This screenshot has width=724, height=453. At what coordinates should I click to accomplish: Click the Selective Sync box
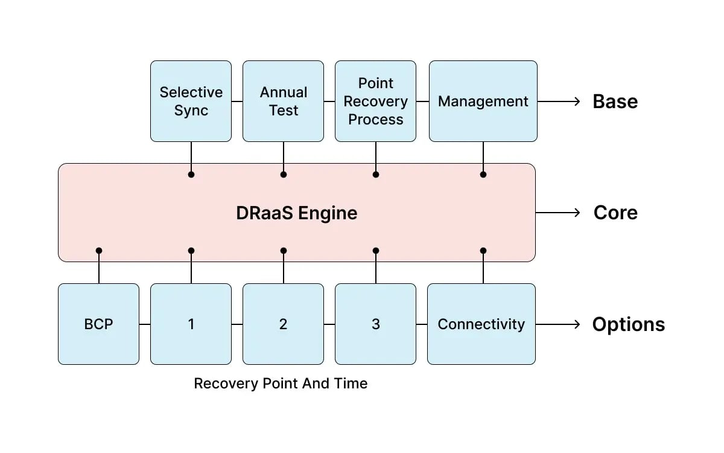pos(191,101)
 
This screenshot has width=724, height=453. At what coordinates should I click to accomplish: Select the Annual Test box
pos(283,101)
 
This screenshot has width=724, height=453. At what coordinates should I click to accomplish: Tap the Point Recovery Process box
pos(375,101)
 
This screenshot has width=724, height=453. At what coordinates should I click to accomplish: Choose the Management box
pos(483,101)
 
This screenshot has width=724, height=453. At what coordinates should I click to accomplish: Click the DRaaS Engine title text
pos(296,213)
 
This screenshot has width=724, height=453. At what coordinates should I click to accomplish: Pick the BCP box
pos(98,324)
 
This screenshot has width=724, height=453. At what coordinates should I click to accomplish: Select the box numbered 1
pos(191,324)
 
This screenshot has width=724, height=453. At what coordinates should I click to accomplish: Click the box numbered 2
pos(283,324)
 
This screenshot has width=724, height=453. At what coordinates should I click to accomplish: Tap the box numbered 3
pos(375,324)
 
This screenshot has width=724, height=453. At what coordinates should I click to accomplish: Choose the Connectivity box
pos(481,324)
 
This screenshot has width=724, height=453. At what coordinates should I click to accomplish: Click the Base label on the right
pos(615,101)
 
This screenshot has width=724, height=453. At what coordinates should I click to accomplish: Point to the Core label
pos(615,213)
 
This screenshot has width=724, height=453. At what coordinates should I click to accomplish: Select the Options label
pos(628,324)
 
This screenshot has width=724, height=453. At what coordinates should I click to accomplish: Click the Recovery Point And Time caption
pos(281,384)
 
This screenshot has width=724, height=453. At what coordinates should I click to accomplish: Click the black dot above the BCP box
pos(99,250)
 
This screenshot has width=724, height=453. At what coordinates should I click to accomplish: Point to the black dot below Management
pos(483,175)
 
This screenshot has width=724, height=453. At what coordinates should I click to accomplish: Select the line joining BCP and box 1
pos(145,324)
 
